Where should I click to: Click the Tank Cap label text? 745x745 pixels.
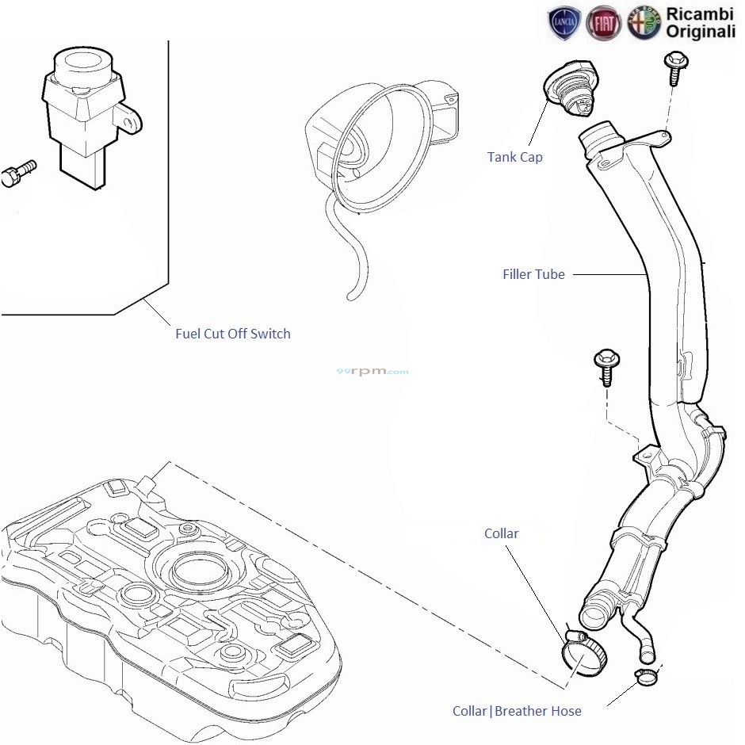click(x=514, y=157)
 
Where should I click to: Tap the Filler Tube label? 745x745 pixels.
click(x=533, y=274)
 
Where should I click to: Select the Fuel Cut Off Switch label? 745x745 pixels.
click(x=232, y=334)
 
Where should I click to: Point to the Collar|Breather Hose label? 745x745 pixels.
click(x=517, y=711)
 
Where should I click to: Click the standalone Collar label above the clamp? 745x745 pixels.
click(x=501, y=533)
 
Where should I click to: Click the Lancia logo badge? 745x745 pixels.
click(x=564, y=24)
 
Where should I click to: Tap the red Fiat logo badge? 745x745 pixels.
click(x=604, y=24)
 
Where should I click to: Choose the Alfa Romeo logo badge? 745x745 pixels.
click(x=644, y=24)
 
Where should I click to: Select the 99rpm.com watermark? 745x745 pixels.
click(x=372, y=371)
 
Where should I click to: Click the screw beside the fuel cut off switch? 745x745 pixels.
click(x=18, y=173)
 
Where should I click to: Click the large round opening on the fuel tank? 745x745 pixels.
click(x=195, y=568)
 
